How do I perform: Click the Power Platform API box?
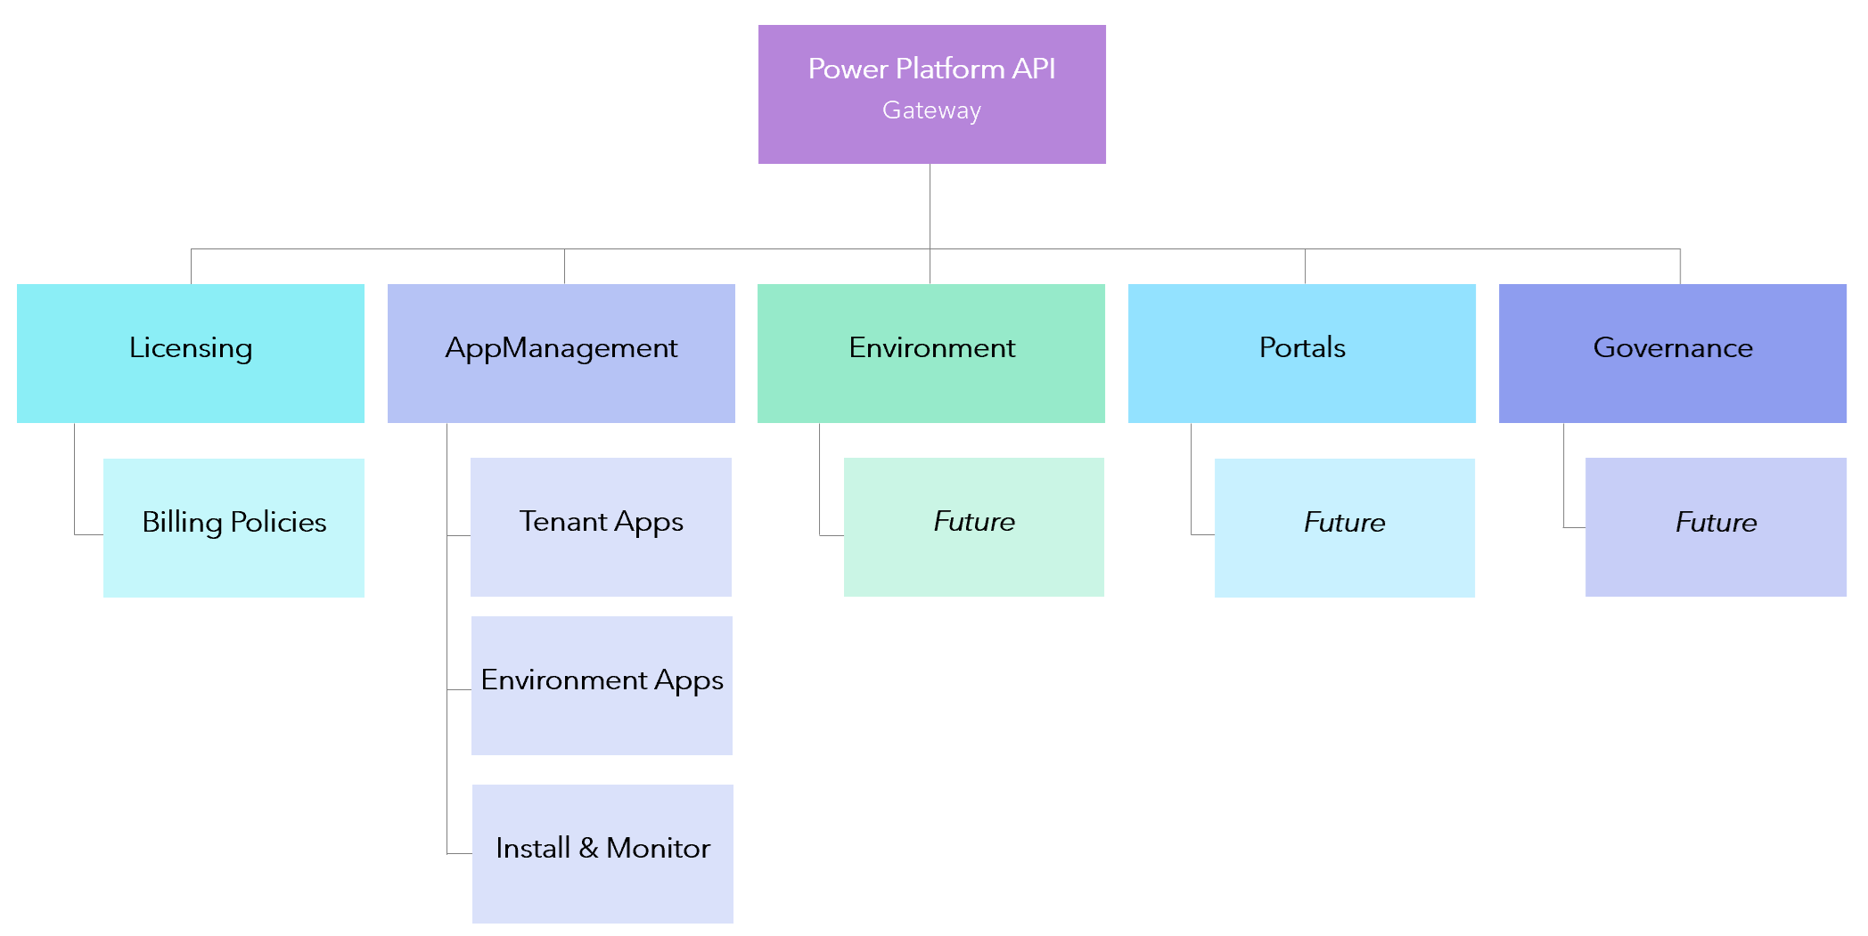point(931,94)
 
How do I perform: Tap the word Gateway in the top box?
point(931,110)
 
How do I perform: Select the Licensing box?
point(190,353)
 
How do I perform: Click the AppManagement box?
point(561,353)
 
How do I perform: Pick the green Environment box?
point(930,353)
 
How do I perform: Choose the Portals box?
point(1301,353)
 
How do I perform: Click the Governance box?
point(1672,353)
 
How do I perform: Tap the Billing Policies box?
point(233,527)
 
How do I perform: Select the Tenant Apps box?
point(601,526)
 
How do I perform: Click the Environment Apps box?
point(602,685)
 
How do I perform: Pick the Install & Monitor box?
point(602,853)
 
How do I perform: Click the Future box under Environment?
point(973,526)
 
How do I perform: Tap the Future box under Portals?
point(1344,527)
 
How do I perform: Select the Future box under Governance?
point(1716,526)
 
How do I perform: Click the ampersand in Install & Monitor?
point(588,848)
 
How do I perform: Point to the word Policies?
point(278,522)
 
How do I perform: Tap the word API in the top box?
point(1034,69)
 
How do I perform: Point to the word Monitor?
point(658,848)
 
